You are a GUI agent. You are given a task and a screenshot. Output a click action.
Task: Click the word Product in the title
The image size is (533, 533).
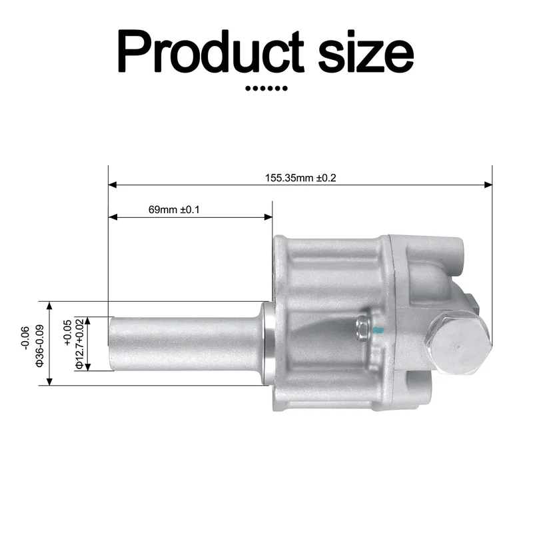tap(211, 51)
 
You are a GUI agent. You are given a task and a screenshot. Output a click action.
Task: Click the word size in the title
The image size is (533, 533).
tap(366, 55)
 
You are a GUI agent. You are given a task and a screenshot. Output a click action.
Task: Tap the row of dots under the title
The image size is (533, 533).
tap(266, 89)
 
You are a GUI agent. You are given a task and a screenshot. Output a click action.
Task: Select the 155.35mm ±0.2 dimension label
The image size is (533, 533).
tap(300, 178)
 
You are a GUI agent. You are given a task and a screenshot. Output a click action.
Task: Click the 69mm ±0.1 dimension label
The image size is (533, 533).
tap(174, 209)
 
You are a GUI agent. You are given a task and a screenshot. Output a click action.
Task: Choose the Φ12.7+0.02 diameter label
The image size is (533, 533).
tap(79, 343)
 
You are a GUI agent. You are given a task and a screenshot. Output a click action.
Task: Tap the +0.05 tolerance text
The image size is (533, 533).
tap(68, 332)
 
